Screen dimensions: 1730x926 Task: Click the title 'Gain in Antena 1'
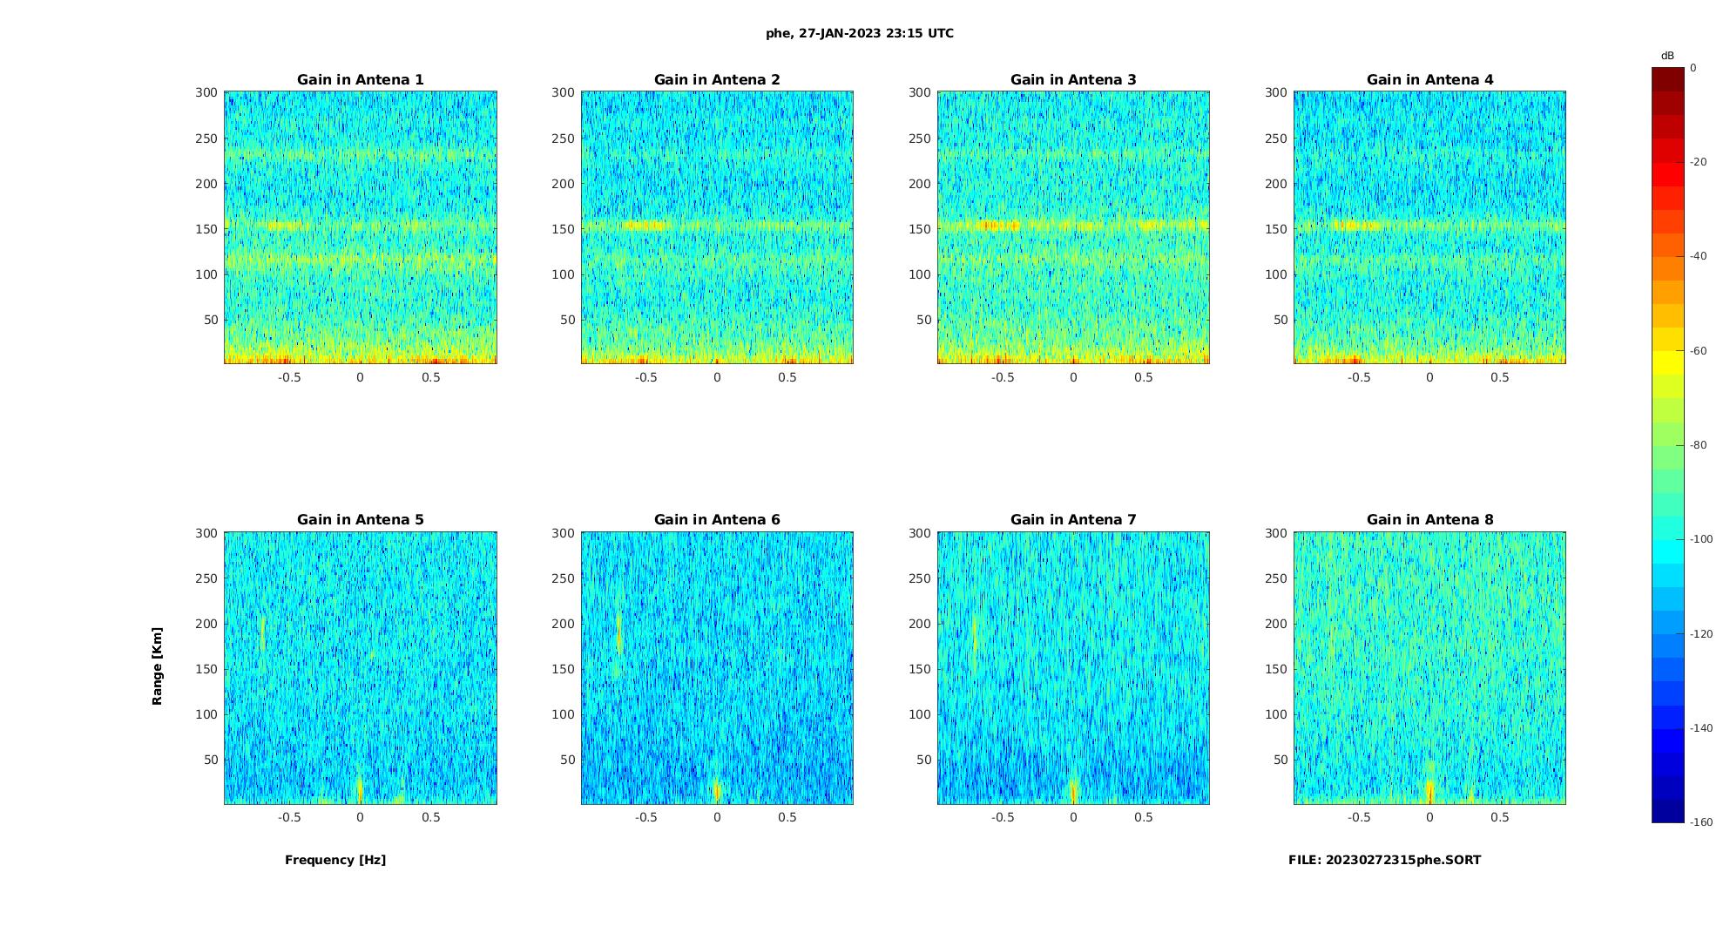click(360, 80)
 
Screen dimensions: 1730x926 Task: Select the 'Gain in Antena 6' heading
click(717, 520)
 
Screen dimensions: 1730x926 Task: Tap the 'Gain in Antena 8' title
click(1429, 520)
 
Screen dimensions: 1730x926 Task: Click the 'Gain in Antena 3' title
click(1073, 80)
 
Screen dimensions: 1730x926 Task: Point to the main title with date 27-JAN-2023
click(860, 34)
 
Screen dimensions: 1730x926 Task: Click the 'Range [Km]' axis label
click(158, 666)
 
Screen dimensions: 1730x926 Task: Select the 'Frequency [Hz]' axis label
click(335, 861)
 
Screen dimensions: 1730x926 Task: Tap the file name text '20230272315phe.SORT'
click(1403, 861)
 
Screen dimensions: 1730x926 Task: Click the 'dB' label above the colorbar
click(1667, 56)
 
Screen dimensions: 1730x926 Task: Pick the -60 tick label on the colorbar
click(1699, 351)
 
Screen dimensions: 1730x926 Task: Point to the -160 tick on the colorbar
click(1701, 822)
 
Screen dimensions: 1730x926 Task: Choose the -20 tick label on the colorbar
click(1699, 162)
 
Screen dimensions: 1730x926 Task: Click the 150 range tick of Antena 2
click(564, 229)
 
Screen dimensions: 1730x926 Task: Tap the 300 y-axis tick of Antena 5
click(206, 533)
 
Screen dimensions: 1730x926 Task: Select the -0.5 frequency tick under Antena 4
click(1359, 378)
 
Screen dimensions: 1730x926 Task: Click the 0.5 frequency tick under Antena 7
click(1144, 818)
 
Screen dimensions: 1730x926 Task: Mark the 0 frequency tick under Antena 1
click(360, 378)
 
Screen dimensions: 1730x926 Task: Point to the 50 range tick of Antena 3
click(923, 320)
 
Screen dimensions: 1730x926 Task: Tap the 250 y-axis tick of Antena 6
click(564, 578)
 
